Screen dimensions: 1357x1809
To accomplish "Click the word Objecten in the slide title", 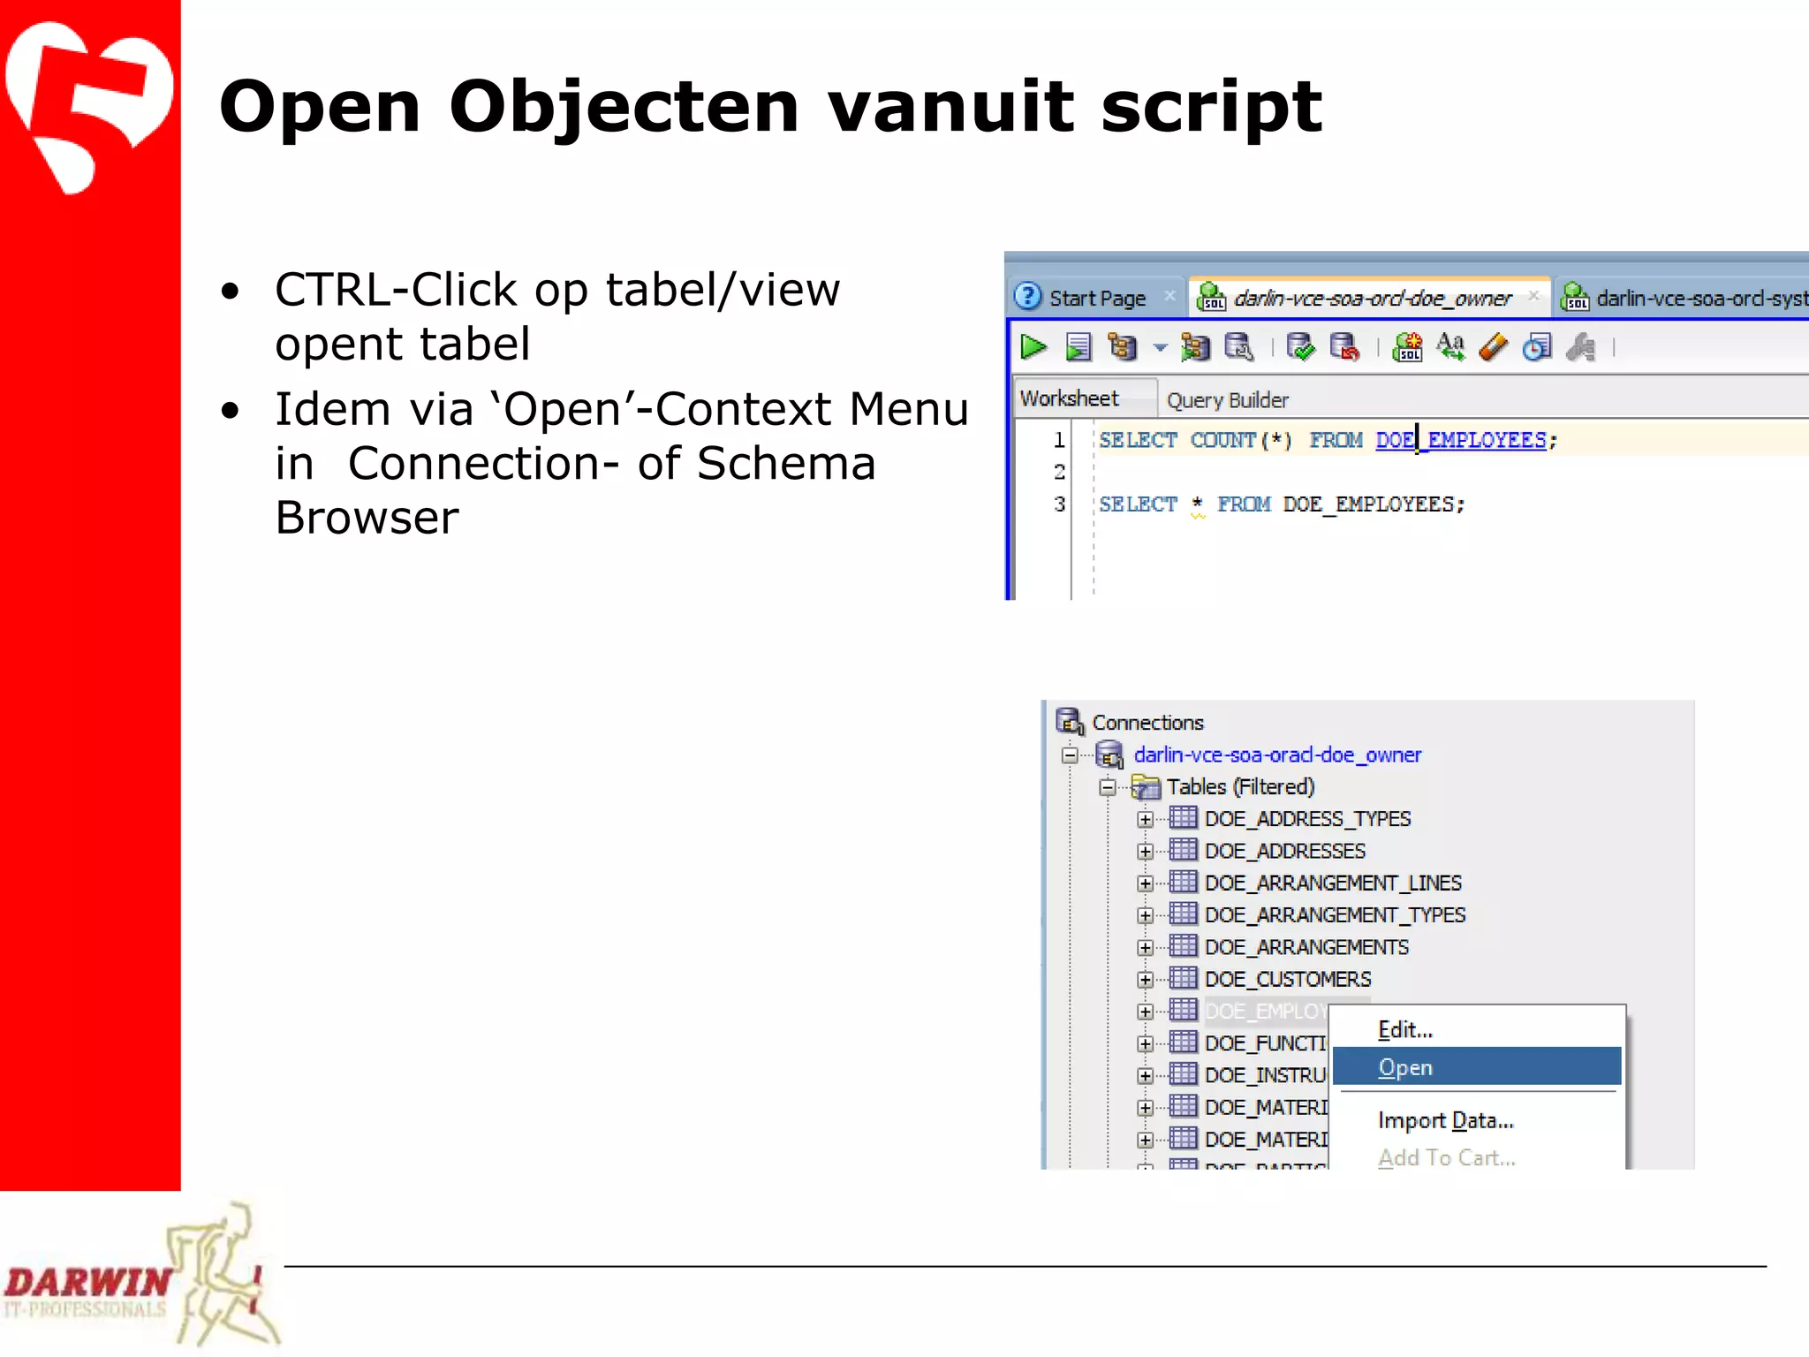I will coord(624,108).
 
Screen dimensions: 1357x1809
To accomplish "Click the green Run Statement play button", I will coord(1033,347).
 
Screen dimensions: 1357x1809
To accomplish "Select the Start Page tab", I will coord(1096,299).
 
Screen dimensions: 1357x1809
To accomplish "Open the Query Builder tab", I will coord(1227,400).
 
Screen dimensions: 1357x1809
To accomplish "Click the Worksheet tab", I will coord(1069,398).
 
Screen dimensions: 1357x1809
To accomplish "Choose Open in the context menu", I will coord(1404,1067).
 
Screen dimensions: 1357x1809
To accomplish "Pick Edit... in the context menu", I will coord(1404,1029).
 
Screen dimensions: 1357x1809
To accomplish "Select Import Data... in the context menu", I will coord(1445,1120).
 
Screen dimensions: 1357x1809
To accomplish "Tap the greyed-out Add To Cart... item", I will coord(1446,1157).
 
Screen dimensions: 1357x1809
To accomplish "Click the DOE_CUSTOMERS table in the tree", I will coord(1287,979).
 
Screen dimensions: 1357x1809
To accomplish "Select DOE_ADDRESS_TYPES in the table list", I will coord(1307,819).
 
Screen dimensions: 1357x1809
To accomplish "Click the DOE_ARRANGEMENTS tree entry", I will coord(1306,947).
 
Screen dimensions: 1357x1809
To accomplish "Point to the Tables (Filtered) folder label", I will coord(1239,786).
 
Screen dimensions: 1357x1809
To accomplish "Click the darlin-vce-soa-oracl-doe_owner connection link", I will coord(1277,754).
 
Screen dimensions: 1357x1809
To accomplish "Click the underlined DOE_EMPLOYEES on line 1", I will coord(1461,440).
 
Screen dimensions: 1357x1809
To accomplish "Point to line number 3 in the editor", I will coord(1059,504).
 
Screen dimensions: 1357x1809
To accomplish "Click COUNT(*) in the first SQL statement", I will coord(1240,440).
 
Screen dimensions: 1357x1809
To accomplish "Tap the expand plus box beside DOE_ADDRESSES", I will coord(1146,852).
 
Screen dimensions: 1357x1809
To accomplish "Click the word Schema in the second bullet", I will coord(785,464).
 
